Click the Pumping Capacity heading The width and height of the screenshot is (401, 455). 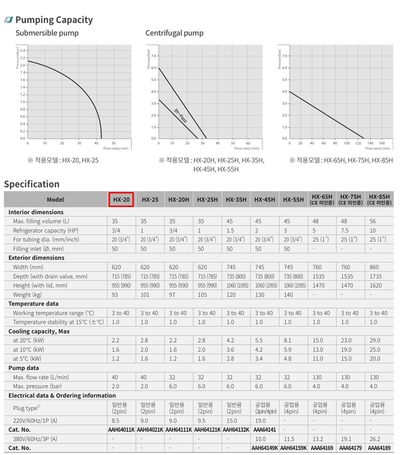point(54,20)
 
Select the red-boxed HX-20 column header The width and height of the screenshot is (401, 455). point(121,200)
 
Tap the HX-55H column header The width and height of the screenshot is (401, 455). point(293,200)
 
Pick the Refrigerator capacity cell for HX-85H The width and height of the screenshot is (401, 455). point(373,231)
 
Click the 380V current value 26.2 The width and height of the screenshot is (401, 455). point(375,439)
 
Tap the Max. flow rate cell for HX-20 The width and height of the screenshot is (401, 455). point(116,377)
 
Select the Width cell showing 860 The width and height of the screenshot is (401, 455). point(375,267)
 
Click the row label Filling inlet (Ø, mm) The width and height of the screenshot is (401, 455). point(38,249)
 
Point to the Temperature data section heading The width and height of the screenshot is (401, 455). point(33,303)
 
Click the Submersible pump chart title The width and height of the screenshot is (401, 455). point(47,33)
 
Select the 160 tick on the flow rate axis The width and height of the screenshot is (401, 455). point(381,143)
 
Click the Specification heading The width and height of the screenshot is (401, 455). point(32,184)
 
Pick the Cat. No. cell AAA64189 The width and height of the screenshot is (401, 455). point(379,448)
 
